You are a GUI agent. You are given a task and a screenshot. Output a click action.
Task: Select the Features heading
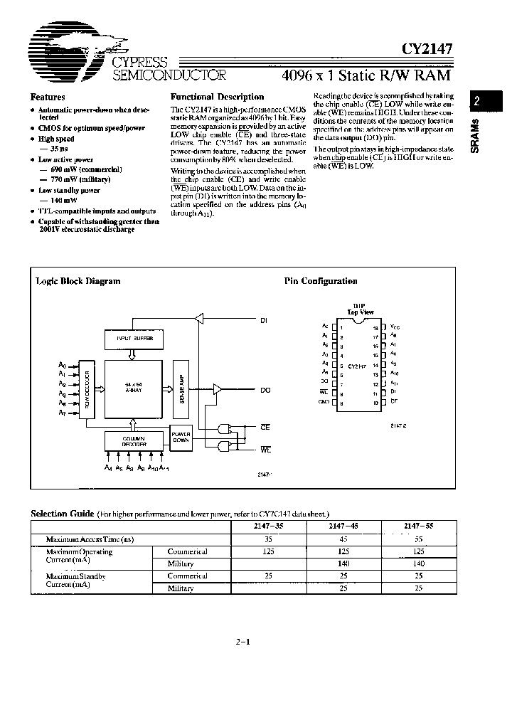click(x=48, y=97)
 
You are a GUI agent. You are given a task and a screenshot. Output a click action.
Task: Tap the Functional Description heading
click(x=218, y=97)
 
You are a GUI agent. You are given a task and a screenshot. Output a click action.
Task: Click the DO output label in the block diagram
click(x=265, y=390)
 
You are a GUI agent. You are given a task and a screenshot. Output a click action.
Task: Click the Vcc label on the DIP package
click(x=395, y=327)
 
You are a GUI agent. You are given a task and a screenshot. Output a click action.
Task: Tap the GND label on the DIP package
click(x=324, y=402)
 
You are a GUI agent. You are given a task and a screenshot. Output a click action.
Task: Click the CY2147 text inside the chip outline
click(x=358, y=365)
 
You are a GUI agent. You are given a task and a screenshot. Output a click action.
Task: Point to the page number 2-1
click(x=243, y=642)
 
